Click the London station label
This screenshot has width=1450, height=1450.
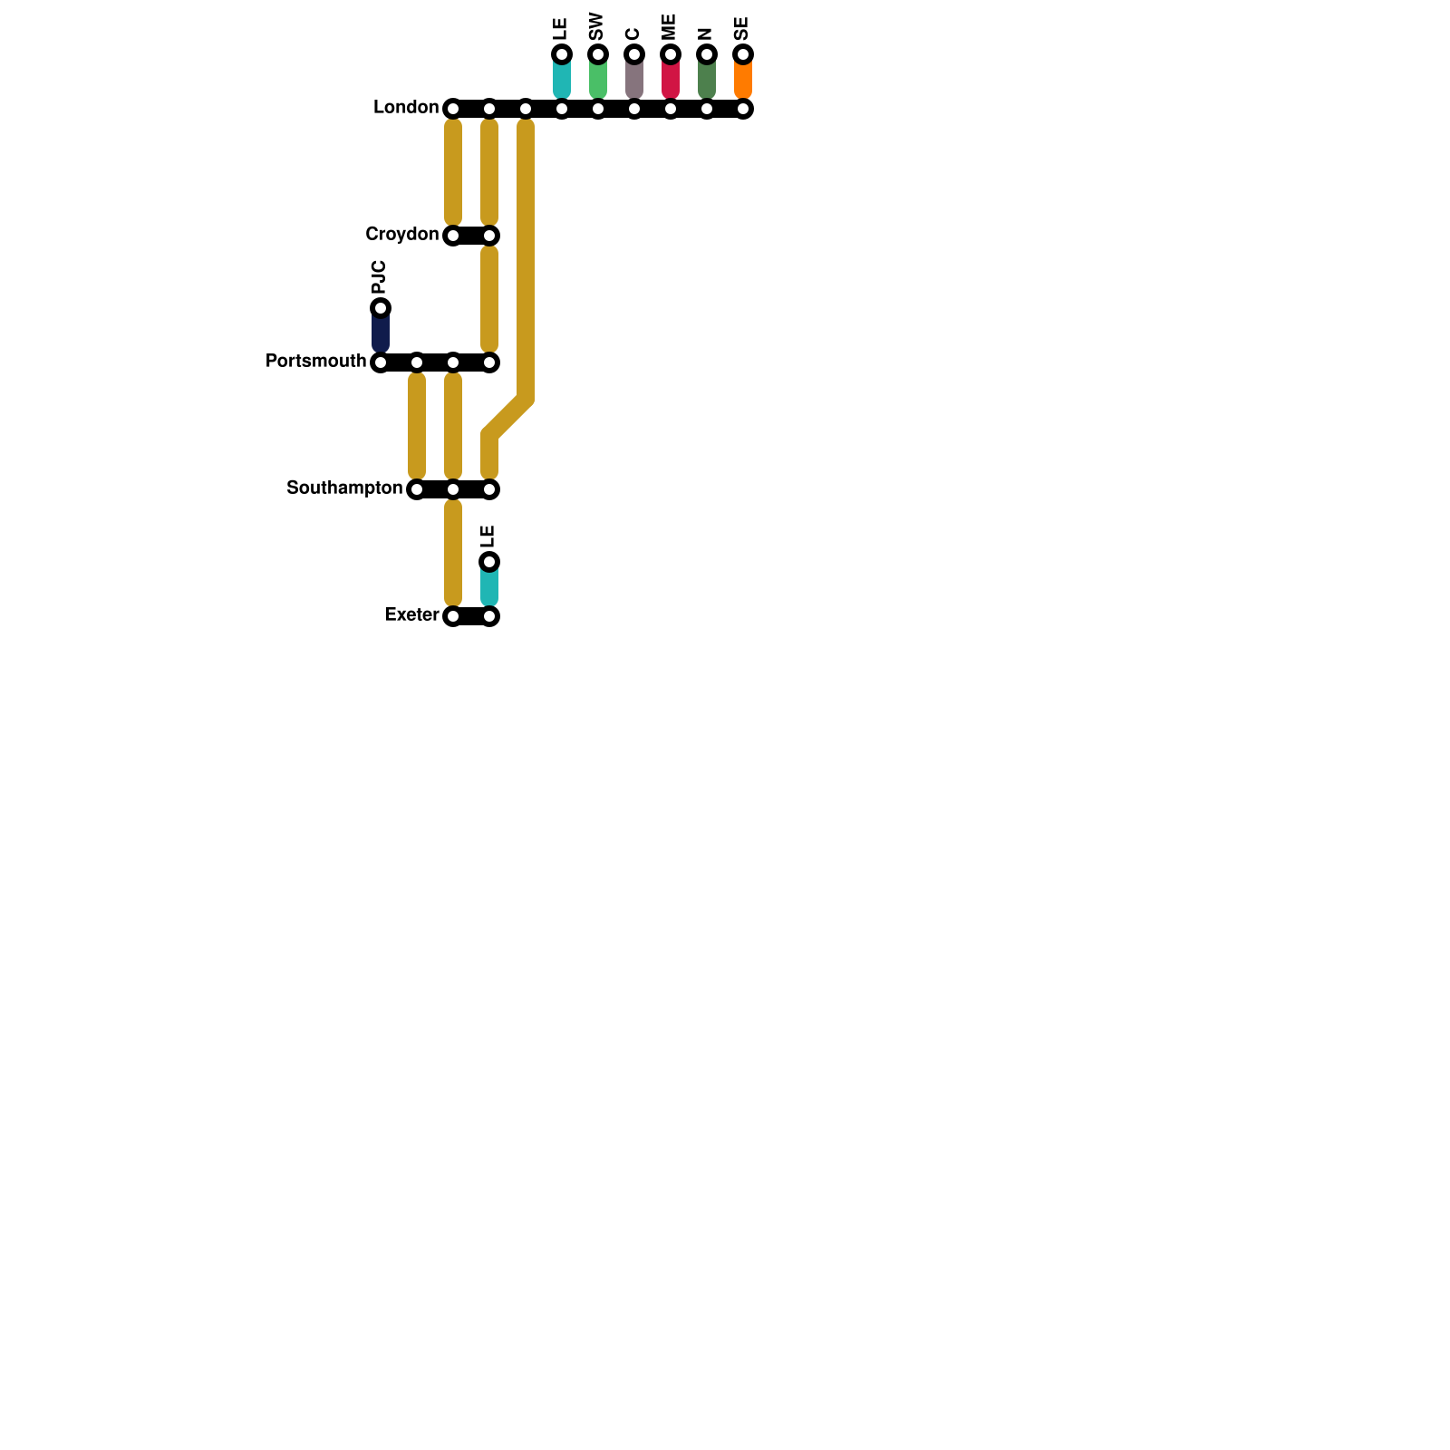point(406,108)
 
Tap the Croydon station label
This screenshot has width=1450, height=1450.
point(401,235)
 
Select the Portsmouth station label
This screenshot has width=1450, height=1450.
point(315,362)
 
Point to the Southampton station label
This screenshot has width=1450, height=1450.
point(344,488)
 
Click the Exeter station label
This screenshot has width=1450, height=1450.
point(411,615)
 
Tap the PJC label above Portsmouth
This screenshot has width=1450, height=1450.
point(380,276)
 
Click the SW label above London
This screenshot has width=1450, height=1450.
point(596,26)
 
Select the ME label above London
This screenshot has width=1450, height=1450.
point(670,26)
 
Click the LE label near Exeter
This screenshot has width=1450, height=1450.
point(488,536)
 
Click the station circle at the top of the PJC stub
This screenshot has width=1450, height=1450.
point(381,308)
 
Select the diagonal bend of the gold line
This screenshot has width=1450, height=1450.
point(507,417)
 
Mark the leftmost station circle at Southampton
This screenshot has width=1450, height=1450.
point(417,489)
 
